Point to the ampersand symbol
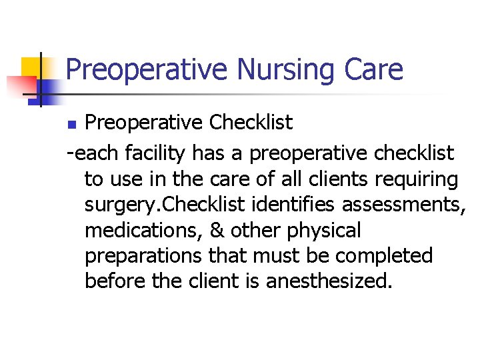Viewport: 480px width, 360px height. pyautogui.click(x=218, y=231)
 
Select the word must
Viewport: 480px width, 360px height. pyautogui.click(x=274, y=256)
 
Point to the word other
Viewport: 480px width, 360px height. pyautogui.click(x=256, y=231)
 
